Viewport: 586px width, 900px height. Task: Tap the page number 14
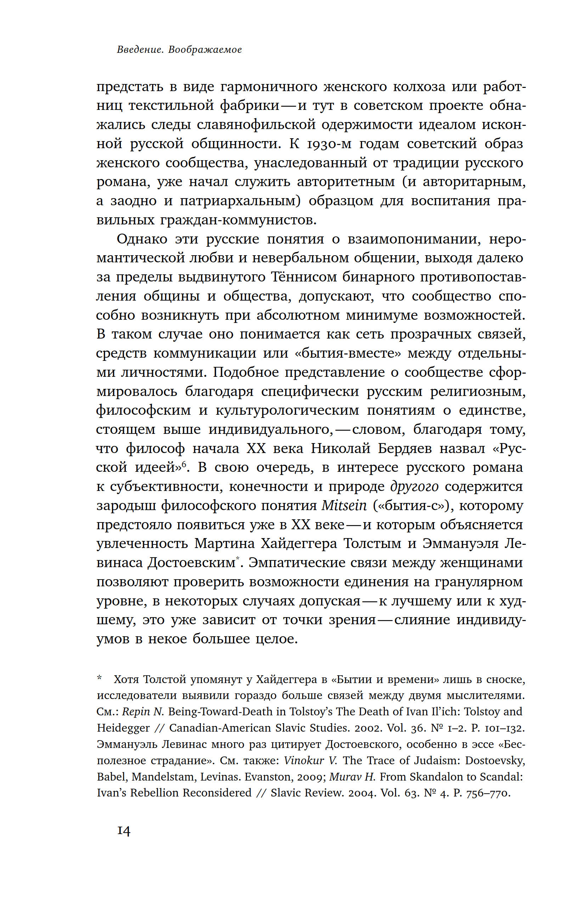(124, 831)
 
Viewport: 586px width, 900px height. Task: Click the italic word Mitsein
(344, 505)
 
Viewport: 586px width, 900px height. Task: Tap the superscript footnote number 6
(184, 464)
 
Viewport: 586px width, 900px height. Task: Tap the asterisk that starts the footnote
(100, 679)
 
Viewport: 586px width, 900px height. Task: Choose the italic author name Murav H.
(353, 777)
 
